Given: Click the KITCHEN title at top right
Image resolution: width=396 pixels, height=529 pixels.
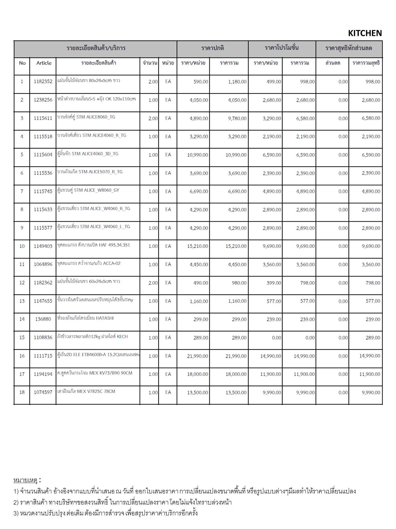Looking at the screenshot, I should pyautogui.click(x=365, y=33).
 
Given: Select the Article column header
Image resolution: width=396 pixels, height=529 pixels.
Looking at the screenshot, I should pyautogui.click(x=44, y=63).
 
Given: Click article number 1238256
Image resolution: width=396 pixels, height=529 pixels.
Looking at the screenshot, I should pyautogui.click(x=43, y=100).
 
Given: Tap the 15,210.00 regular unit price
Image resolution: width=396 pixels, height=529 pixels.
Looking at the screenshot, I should pyautogui.click(x=197, y=246).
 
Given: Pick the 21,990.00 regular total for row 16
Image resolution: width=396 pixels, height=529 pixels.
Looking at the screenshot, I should pyautogui.click(x=236, y=356).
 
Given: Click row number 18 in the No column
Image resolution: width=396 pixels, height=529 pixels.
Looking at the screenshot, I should pyautogui.click(x=22, y=392).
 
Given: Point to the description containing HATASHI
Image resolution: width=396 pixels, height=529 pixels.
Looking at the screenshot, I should pyautogui.click(x=85, y=318).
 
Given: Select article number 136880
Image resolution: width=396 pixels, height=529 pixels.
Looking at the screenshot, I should pyautogui.click(x=43, y=319).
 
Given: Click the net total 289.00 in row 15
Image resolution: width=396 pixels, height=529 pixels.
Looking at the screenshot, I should pyautogui.click(x=373, y=338).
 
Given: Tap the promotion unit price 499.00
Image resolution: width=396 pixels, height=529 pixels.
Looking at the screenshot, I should pyautogui.click(x=274, y=82).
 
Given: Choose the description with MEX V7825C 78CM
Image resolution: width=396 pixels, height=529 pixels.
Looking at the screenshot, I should pyautogui.click(x=86, y=391).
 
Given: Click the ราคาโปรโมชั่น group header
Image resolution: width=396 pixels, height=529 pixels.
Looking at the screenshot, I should pyautogui.click(x=282, y=48).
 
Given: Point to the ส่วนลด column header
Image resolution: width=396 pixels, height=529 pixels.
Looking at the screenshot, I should pyautogui.click(x=333, y=63).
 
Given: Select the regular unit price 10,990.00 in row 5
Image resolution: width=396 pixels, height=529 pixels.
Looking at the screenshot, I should pyautogui.click(x=197, y=155).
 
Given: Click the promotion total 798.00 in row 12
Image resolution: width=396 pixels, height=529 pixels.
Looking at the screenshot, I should pyautogui.click(x=307, y=283).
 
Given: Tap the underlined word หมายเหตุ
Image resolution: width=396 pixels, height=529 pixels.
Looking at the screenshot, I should pyautogui.click(x=26, y=480).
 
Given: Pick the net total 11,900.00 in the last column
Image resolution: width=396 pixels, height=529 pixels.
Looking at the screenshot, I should pyautogui.click(x=370, y=374).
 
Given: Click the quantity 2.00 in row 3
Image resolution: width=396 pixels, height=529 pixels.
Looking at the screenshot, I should pyautogui.click(x=153, y=118).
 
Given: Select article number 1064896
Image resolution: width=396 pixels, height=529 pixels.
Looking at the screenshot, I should pyautogui.click(x=43, y=264).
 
